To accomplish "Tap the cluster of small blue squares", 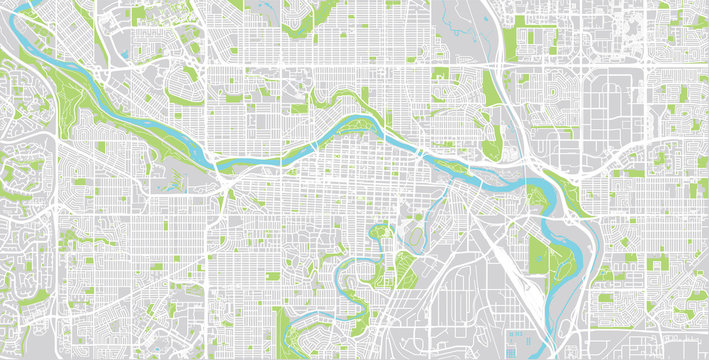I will tap(519, 337).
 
